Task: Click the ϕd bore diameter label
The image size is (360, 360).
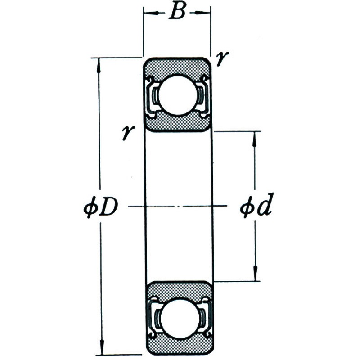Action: [x=256, y=205]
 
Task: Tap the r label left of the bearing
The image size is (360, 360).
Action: [x=128, y=132]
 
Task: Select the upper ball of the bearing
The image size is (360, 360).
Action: [x=178, y=94]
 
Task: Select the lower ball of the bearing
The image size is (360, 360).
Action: [x=180, y=319]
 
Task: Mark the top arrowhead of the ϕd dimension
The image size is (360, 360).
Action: [x=254, y=139]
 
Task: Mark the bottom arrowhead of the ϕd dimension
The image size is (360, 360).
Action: [x=255, y=273]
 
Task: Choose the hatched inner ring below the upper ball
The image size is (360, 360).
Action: [x=178, y=122]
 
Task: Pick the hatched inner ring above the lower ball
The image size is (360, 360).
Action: [x=180, y=290]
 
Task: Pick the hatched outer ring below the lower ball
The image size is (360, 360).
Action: [x=180, y=346]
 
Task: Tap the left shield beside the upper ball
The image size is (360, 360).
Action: [x=152, y=96]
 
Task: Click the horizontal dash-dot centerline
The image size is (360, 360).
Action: [x=177, y=206]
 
